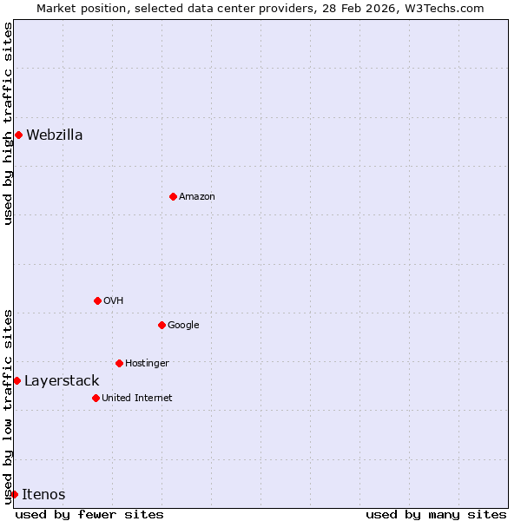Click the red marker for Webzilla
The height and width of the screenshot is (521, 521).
coord(18,135)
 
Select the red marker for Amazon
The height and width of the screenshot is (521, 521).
coord(173,196)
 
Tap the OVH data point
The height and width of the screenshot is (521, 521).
coord(97,300)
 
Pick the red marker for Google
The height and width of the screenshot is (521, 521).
coord(162,325)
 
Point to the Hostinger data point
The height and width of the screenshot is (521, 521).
coord(119,363)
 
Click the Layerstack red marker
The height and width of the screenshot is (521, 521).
coord(16,380)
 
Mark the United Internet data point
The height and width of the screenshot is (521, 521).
coord(96,398)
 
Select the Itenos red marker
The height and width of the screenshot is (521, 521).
coord(14,494)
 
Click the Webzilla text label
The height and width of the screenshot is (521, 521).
coord(55,135)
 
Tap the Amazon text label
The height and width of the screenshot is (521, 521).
coord(197,196)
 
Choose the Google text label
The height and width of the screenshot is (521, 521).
coord(183,325)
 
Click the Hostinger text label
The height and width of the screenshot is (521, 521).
coord(147,363)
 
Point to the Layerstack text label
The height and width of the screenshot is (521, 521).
coord(62,380)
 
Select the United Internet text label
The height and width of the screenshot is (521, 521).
coord(136,398)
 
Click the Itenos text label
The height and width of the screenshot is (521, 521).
coord(43,494)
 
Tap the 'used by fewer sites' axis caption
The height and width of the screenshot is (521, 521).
coord(89,514)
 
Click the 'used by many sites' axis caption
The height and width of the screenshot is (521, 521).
coord(436,514)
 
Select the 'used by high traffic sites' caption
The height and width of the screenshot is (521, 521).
coord(8,123)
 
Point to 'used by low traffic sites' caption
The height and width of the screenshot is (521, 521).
coord(8,406)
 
